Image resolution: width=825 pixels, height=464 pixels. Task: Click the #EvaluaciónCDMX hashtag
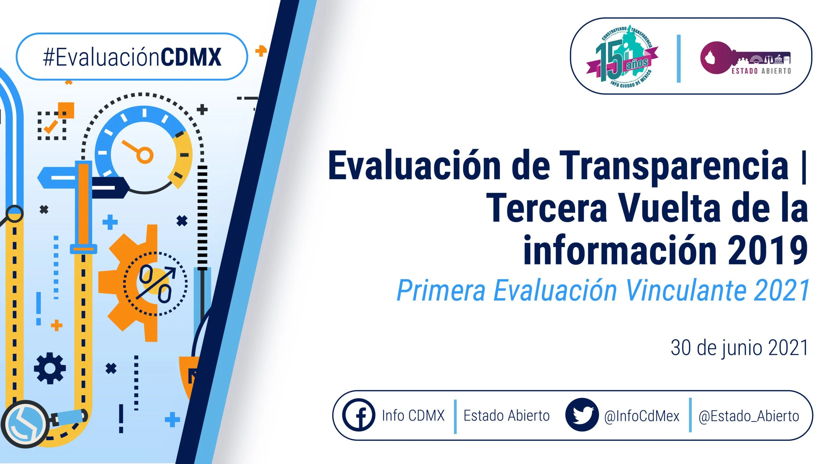pyautogui.click(x=132, y=57)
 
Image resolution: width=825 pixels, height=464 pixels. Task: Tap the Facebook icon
pyautogui.click(x=359, y=415)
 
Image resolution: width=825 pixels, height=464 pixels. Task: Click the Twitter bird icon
pyautogui.click(x=582, y=415)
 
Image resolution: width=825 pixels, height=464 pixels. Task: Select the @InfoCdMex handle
pyautogui.click(x=642, y=416)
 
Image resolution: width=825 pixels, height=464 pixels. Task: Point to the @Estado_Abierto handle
pyautogui.click(x=749, y=416)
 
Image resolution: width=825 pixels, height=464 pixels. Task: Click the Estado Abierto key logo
pyautogui.click(x=745, y=58)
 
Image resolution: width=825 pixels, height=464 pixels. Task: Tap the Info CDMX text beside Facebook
pyautogui.click(x=413, y=416)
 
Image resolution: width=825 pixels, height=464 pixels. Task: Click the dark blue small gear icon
pyautogui.click(x=50, y=368)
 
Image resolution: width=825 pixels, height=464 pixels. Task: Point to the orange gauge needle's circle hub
pyautogui.click(x=144, y=155)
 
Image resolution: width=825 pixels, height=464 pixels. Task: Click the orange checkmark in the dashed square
pyautogui.click(x=51, y=126)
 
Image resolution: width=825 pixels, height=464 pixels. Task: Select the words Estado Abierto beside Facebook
pyautogui.click(x=506, y=416)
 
